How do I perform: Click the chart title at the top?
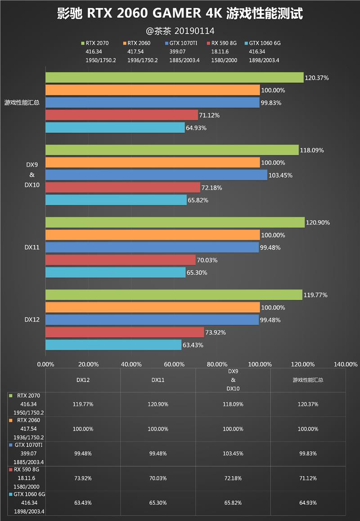click(180, 14)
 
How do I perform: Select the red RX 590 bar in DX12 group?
click(125, 332)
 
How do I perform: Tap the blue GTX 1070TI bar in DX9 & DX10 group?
click(156, 175)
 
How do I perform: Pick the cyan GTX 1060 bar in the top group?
click(115, 128)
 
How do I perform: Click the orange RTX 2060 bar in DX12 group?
click(153, 307)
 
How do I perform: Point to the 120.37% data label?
click(317, 78)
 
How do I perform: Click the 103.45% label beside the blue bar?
click(281, 175)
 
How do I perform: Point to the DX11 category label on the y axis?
click(31, 247)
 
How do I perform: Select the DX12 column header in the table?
click(83, 380)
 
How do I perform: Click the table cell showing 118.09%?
click(233, 404)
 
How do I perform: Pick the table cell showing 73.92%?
click(83, 478)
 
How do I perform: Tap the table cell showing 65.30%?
click(157, 503)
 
